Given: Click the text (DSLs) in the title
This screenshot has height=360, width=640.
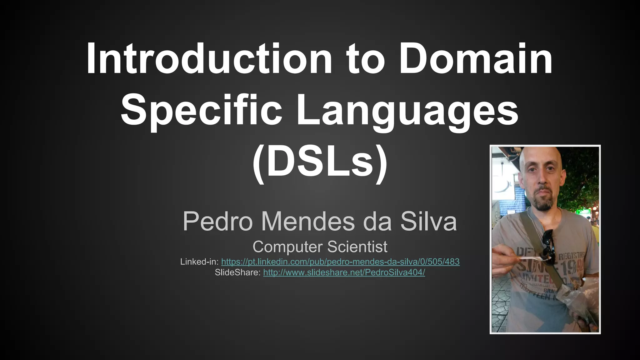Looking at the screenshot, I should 320,162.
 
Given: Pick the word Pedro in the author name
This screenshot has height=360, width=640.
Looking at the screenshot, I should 217,221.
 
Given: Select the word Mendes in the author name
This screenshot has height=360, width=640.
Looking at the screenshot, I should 308,221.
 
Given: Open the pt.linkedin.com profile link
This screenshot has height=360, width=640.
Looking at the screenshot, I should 340,262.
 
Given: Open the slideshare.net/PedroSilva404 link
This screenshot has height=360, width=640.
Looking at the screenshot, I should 344,272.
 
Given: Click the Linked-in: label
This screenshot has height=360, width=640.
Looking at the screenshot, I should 199,262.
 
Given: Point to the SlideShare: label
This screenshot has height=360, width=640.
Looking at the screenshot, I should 237,272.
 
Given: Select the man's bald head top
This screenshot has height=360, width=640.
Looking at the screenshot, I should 542,153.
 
